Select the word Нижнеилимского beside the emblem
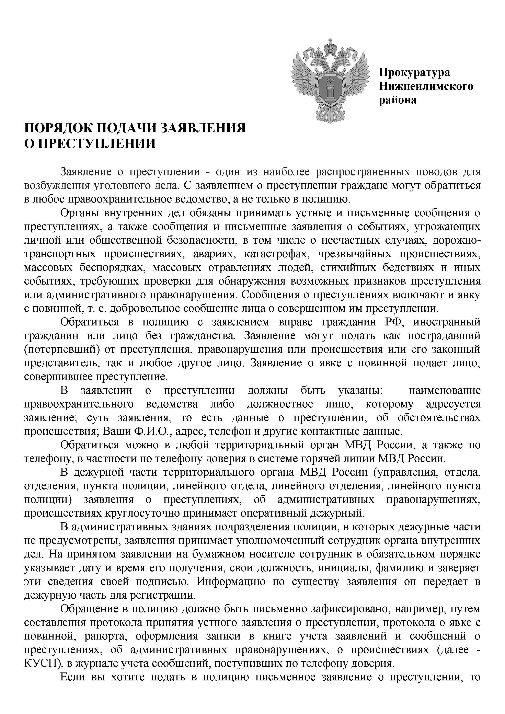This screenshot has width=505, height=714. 426,86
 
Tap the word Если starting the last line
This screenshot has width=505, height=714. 72,677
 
